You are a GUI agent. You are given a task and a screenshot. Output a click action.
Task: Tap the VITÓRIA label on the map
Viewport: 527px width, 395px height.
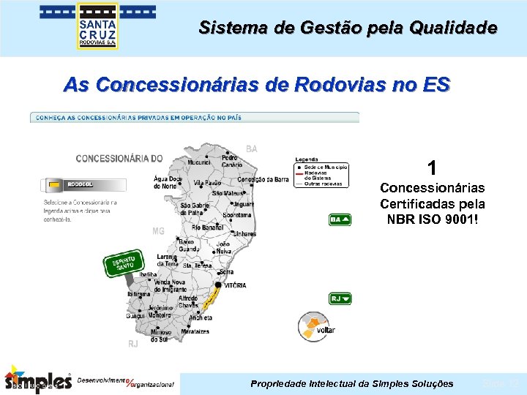click(234, 285)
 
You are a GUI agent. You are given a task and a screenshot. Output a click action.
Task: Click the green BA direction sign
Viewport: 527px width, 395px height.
click(340, 219)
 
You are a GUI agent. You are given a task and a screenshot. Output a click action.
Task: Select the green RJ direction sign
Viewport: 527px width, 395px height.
click(340, 298)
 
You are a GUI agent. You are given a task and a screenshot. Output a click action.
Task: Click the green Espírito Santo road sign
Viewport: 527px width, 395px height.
click(123, 264)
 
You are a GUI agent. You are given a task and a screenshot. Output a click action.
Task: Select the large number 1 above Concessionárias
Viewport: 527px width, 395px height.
click(433, 168)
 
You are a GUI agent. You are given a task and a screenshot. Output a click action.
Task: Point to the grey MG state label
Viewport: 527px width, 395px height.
click(158, 231)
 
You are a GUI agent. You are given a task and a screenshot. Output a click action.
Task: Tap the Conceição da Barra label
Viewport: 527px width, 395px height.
click(263, 180)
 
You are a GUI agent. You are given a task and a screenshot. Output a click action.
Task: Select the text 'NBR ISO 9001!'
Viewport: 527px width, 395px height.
click(433, 218)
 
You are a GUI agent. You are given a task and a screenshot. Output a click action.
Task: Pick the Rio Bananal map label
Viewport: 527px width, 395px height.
click(207, 227)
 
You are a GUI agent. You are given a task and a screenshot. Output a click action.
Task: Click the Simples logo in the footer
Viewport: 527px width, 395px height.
click(38, 379)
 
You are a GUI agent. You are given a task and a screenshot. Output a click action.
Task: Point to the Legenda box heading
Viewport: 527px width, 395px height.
click(307, 159)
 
